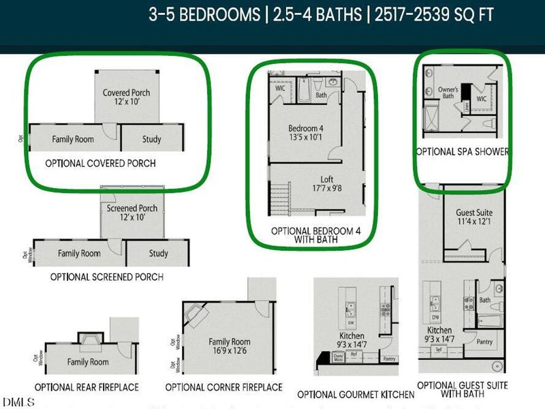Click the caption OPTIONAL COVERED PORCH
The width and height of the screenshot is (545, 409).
pyautogui.click(x=100, y=164)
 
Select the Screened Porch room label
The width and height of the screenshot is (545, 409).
pyautogui.click(x=132, y=213)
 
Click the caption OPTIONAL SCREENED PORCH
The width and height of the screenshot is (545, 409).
pyautogui.click(x=106, y=277)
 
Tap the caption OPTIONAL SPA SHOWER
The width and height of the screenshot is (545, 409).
pyautogui.click(x=463, y=151)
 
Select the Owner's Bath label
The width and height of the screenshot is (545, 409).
pyautogui.click(x=448, y=92)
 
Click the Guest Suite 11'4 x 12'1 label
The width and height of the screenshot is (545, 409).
pyautogui.click(x=474, y=217)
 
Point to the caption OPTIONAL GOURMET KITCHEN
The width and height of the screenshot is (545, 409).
pyautogui.click(x=356, y=395)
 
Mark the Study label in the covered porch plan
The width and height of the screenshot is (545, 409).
pyautogui.click(x=151, y=140)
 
